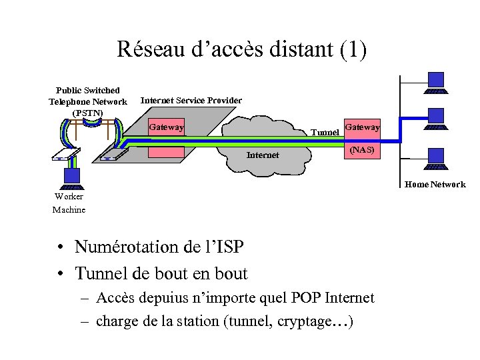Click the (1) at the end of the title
(353, 50)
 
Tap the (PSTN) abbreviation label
(87, 113)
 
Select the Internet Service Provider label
(191, 100)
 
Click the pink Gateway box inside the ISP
(166, 127)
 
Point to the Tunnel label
(325, 133)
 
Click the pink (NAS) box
(362, 151)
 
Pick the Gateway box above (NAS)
(362, 127)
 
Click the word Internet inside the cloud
(263, 155)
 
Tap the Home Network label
(435, 185)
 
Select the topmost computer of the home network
(437, 82)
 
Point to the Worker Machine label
(69, 203)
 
